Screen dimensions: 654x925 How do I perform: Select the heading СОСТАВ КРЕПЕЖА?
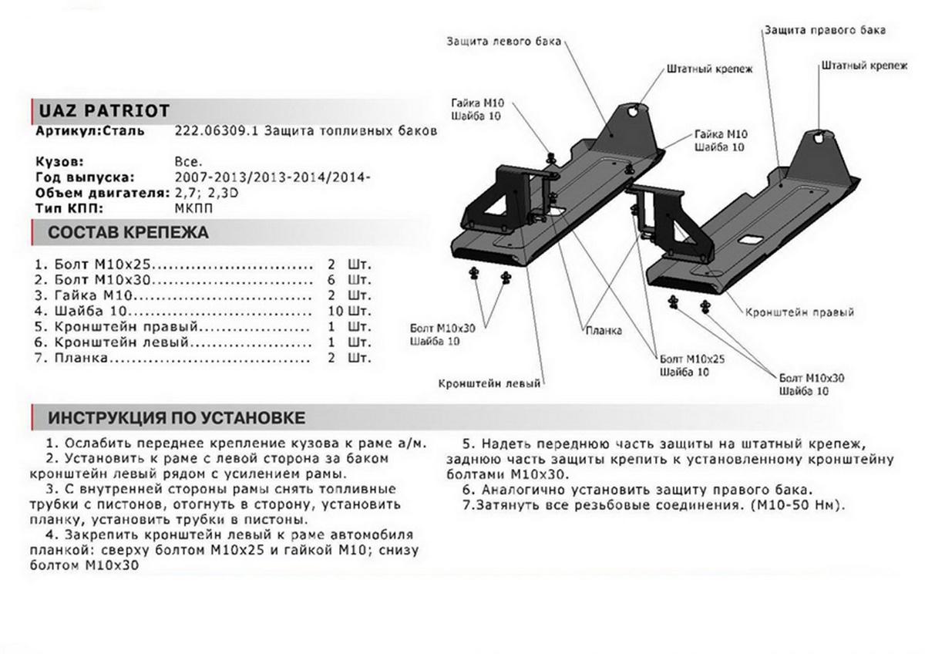pos(128,232)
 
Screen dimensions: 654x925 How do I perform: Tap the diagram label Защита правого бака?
pos(824,30)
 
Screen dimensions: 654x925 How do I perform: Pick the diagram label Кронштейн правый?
pos(800,313)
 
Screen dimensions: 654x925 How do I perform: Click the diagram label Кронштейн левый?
pos(490,383)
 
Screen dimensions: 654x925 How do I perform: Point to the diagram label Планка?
pos(604,331)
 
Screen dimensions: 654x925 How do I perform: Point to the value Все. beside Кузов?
pos(189,163)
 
